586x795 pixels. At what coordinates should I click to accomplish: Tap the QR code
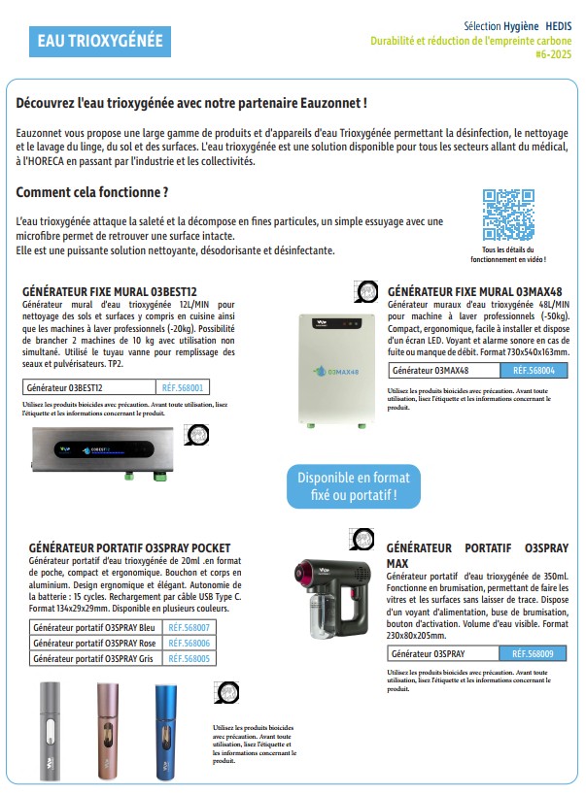tap(508, 215)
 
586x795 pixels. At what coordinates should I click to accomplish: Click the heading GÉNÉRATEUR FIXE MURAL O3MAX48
tap(474, 291)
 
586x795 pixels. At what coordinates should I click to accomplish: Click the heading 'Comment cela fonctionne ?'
tap(92, 192)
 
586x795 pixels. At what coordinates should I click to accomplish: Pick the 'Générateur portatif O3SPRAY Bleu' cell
tap(94, 629)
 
